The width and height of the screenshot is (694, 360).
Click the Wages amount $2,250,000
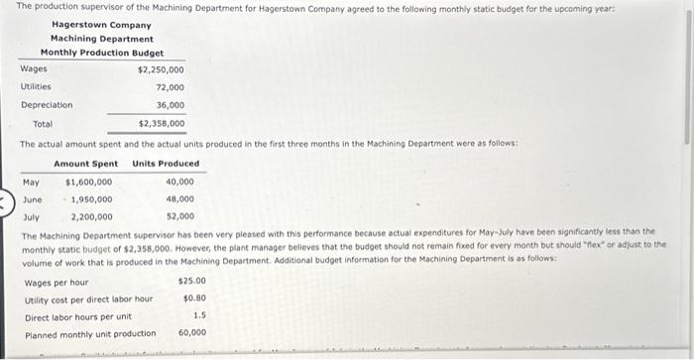(x=161, y=69)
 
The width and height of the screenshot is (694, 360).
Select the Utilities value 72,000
(x=170, y=87)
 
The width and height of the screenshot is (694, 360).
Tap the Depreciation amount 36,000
(x=170, y=105)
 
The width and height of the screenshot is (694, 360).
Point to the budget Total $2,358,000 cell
(x=161, y=124)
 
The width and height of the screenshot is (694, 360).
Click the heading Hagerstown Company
(x=101, y=25)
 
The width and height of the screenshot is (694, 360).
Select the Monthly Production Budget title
(x=101, y=53)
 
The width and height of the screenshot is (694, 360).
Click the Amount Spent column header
(x=85, y=164)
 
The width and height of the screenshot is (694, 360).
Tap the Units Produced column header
(x=166, y=164)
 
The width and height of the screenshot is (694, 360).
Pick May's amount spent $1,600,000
(x=88, y=181)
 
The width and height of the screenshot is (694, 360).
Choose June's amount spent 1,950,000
(x=90, y=199)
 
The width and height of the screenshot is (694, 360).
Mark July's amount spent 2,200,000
(x=90, y=217)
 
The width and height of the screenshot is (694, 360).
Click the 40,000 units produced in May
(x=179, y=181)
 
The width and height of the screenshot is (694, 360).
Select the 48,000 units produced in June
(x=179, y=199)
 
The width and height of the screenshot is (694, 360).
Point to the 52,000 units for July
(x=179, y=217)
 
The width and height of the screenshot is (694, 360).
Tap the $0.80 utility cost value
(x=194, y=298)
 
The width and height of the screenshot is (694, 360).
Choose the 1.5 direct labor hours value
(x=199, y=315)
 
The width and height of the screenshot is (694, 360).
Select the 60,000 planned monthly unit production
(x=192, y=333)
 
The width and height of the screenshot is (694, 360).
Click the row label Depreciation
(x=47, y=105)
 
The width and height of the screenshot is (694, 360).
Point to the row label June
(x=32, y=199)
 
